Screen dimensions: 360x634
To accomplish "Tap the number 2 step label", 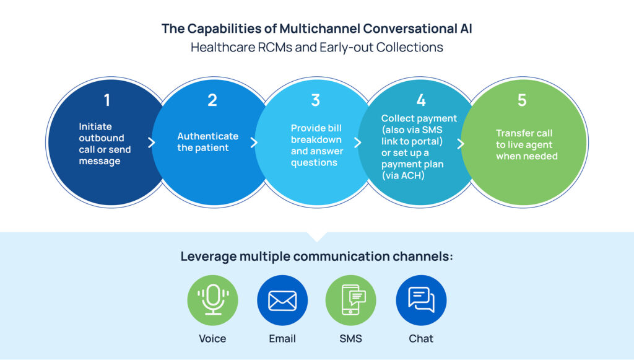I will pos(212,100).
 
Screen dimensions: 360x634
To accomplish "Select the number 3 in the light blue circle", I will pos(316,100).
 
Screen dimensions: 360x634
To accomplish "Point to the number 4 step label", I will pos(421,100).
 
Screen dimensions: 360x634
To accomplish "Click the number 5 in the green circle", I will pos(522,100).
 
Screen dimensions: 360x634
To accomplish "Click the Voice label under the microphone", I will pos(213,339).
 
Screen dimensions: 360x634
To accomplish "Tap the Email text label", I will pos(282,339).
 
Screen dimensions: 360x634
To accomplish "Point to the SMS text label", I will pos(350,339).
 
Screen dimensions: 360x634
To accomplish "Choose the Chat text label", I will pos(421,339).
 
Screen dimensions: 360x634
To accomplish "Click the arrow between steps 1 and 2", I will pos(152,143).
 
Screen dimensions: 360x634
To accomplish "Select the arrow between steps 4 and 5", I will pos(460,143).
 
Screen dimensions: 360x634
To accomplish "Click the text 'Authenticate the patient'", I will pos(207,142).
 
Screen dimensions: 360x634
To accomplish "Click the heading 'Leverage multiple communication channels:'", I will pos(316,257).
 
